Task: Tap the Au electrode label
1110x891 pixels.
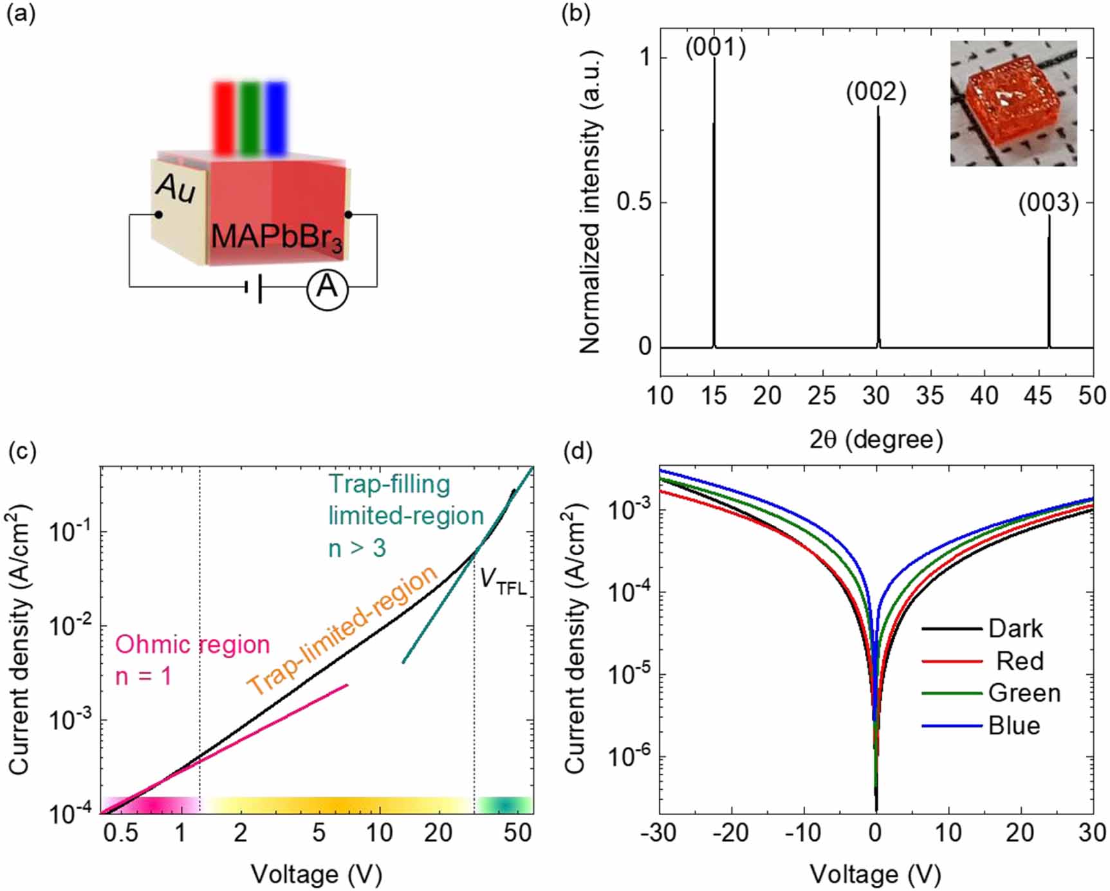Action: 175,188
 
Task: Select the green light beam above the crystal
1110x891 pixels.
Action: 250,118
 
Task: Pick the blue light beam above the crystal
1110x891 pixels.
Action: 277,118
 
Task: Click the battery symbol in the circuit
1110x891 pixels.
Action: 254,288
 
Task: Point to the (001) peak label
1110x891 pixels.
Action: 715,47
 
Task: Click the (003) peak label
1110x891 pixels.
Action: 1048,203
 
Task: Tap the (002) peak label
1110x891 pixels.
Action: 876,93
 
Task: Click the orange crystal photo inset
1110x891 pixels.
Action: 1013,104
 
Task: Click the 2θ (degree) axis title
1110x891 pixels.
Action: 876,439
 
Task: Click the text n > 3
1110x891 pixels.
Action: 357,548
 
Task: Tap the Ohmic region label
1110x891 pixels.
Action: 192,645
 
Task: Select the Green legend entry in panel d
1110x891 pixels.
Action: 1024,693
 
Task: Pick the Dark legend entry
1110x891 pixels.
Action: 1015,628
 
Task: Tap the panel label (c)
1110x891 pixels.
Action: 21,452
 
